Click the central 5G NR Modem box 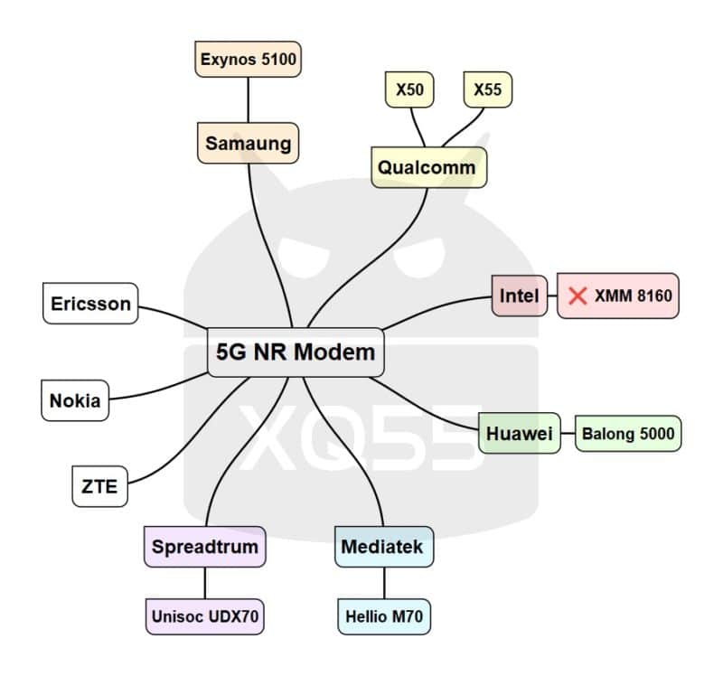[x=296, y=351]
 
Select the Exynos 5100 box [x=249, y=61]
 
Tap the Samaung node [x=248, y=143]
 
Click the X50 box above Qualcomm [x=409, y=89]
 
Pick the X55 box [x=488, y=89]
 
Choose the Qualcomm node [x=428, y=167]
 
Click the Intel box [x=520, y=296]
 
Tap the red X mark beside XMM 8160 [x=578, y=296]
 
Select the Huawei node [x=519, y=434]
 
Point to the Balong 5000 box [x=627, y=434]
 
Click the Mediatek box [x=381, y=547]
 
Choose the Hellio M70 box [x=384, y=617]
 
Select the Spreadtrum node [x=205, y=547]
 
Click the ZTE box [x=99, y=486]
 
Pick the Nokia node [x=75, y=400]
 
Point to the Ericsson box [x=90, y=304]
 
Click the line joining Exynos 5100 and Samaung [x=249, y=99]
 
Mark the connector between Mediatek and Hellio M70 [x=384, y=582]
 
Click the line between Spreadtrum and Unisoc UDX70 [x=206, y=582]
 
